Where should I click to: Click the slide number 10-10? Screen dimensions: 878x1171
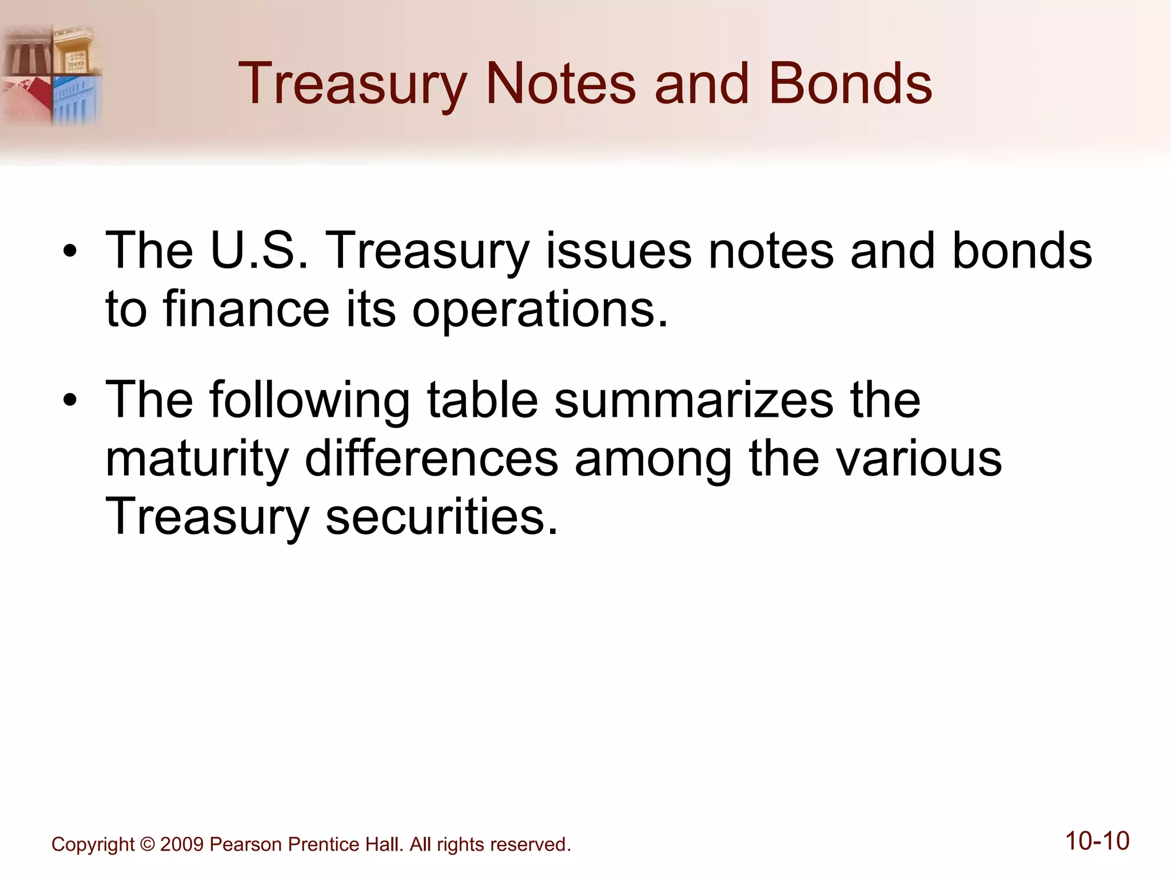[x=1097, y=841]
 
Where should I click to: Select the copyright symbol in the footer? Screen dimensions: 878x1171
[x=147, y=844]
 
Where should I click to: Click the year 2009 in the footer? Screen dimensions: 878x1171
[x=182, y=844]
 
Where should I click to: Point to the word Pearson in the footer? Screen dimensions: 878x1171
[x=246, y=844]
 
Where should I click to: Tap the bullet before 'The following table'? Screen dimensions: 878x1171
[x=70, y=400]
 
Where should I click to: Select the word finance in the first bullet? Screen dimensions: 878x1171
[x=246, y=309]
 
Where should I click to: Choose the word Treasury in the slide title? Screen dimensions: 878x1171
[x=352, y=84]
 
